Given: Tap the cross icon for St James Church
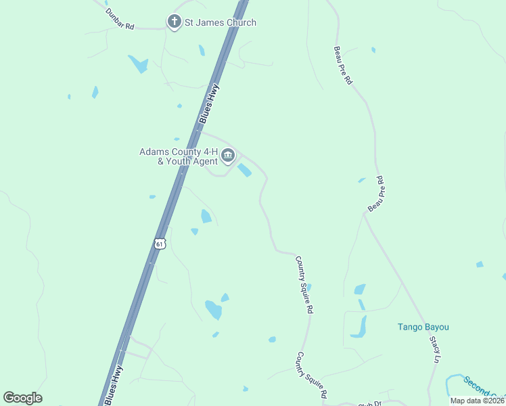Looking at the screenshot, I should [x=174, y=22].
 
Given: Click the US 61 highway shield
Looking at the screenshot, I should [x=159, y=244].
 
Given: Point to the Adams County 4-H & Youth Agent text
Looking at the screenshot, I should [x=179, y=156].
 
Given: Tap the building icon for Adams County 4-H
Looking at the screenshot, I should [x=228, y=156].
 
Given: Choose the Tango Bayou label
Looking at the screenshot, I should [x=423, y=328].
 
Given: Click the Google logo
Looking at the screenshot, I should [x=22, y=398].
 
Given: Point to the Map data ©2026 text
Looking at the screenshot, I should [x=478, y=401].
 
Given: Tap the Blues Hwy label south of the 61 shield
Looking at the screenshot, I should [x=114, y=384].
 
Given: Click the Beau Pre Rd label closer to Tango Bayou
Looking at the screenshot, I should [x=375, y=194].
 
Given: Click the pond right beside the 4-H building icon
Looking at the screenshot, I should [x=244, y=171].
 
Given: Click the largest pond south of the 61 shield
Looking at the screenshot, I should [x=214, y=310].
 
